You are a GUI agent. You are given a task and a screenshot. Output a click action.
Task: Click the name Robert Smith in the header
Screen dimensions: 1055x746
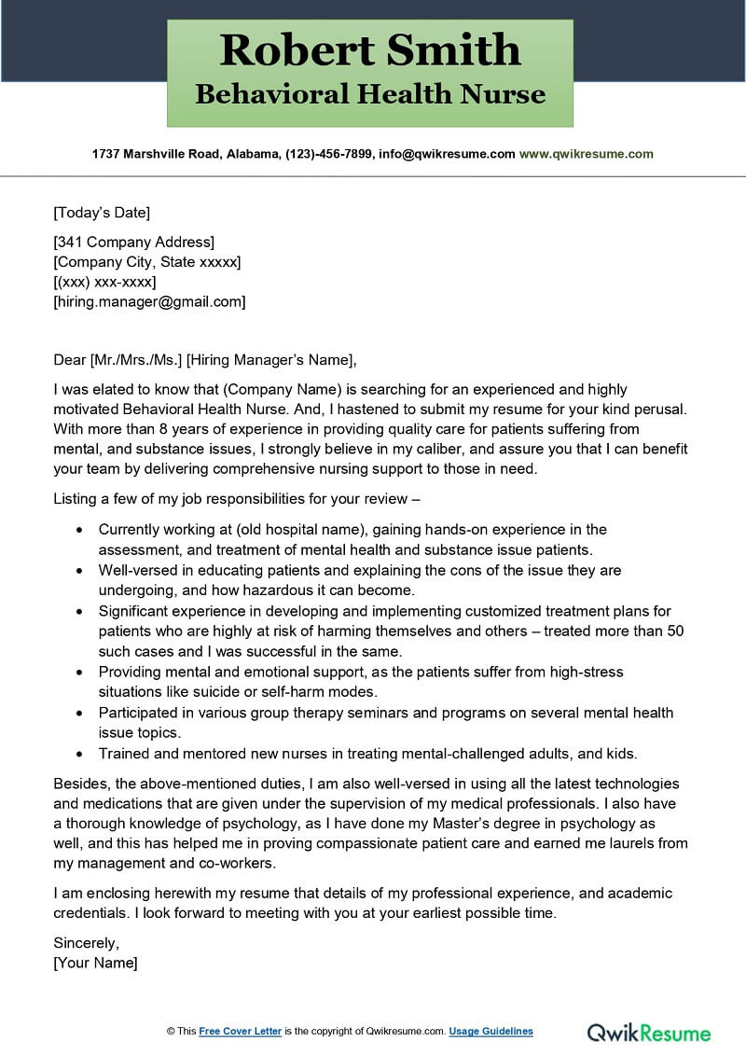(x=370, y=50)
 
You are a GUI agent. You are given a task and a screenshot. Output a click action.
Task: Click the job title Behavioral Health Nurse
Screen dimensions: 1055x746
(x=370, y=94)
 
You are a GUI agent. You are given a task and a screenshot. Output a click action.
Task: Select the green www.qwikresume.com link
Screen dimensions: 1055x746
(x=586, y=154)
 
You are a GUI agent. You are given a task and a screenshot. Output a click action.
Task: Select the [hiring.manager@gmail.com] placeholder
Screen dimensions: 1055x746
(x=149, y=301)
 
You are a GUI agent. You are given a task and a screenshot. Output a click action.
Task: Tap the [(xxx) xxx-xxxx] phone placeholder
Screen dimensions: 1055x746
(x=104, y=282)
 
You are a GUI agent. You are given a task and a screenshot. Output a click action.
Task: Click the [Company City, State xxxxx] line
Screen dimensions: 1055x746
(x=147, y=262)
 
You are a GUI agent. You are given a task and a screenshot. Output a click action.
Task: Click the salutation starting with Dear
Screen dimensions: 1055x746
(x=205, y=360)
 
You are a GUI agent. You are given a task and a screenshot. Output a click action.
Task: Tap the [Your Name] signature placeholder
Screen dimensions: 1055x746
(x=95, y=963)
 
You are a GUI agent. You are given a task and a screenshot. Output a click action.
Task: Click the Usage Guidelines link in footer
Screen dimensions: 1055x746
(x=490, y=1031)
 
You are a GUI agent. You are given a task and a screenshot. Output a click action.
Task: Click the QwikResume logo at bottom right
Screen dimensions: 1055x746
(x=648, y=1032)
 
